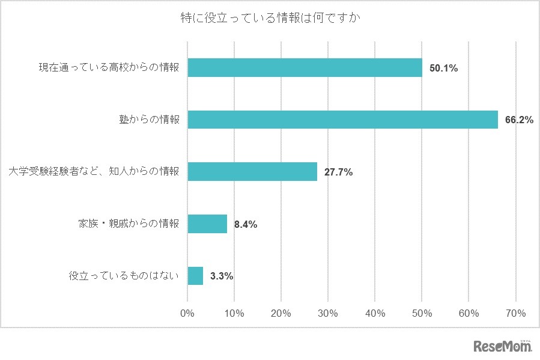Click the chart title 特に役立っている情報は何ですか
point(270,18)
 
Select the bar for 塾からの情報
point(342,120)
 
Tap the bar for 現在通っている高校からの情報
point(305,68)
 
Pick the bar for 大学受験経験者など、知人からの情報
point(252,172)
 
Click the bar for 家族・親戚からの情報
point(207,224)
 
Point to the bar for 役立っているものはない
point(195,276)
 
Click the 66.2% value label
point(520,120)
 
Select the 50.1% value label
point(444,69)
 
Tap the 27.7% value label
point(339,172)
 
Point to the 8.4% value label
point(246,225)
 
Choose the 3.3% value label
point(222,276)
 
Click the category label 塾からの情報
point(149,120)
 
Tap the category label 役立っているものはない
point(124,276)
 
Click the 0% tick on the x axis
point(187,313)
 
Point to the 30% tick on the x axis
point(328,313)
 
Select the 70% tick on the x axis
point(516,313)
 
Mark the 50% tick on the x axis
point(422,313)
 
